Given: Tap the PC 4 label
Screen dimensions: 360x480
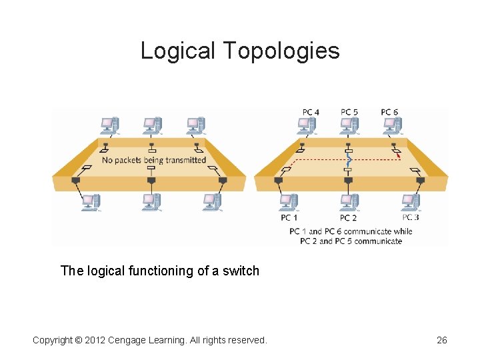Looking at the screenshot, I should [x=311, y=112].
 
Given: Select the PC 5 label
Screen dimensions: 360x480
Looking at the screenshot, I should [x=349, y=112].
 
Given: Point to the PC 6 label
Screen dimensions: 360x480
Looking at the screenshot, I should [x=389, y=112].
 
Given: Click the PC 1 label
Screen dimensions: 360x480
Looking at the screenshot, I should [x=289, y=217].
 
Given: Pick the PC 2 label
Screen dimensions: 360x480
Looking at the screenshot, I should [x=348, y=217].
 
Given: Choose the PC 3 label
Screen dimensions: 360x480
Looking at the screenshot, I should [x=411, y=217].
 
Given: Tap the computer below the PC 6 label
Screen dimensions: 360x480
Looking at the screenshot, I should [x=391, y=125].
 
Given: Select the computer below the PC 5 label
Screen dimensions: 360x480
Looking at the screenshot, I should [x=349, y=125].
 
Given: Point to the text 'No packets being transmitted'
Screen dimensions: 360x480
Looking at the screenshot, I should [x=154, y=160].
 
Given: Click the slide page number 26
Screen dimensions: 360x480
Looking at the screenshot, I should [x=441, y=341].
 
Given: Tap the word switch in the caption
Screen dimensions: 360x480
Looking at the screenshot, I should [x=241, y=271].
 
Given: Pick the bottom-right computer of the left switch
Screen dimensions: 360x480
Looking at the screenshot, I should [x=213, y=201].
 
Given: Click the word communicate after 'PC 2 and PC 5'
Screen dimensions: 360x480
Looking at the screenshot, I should [x=379, y=241].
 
